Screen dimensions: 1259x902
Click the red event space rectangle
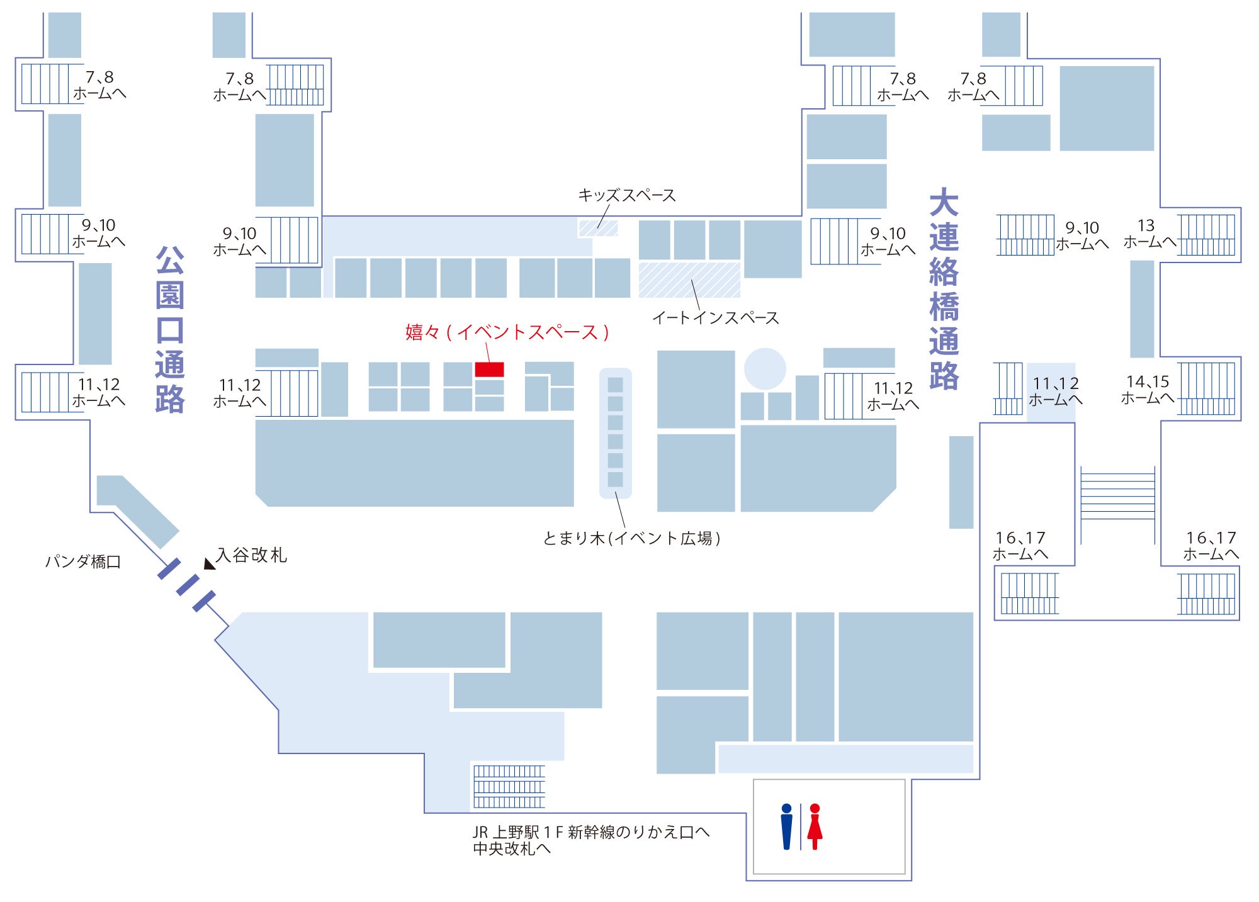[489, 369]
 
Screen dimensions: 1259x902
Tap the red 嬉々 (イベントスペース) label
[507, 332]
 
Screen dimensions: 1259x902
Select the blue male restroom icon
[786, 826]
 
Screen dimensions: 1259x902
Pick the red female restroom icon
[815, 826]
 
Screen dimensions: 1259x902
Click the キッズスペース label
[626, 195]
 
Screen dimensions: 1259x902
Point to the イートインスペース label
[715, 318]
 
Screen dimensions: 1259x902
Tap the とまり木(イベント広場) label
[631, 538]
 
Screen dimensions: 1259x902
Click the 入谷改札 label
[252, 555]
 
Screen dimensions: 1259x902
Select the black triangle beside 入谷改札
[209, 564]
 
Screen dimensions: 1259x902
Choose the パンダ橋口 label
[83, 561]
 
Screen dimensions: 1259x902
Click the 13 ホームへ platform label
[1148, 234]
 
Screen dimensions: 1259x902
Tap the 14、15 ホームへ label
[1148, 390]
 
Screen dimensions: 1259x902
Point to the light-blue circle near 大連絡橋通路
[765, 369]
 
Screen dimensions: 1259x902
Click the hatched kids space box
[598, 228]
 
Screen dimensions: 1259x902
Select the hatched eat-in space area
[689, 280]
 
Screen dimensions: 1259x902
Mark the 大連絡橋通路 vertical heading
[944, 289]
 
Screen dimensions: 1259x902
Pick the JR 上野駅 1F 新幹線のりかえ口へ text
[591, 832]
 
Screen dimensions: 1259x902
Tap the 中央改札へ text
[512, 848]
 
